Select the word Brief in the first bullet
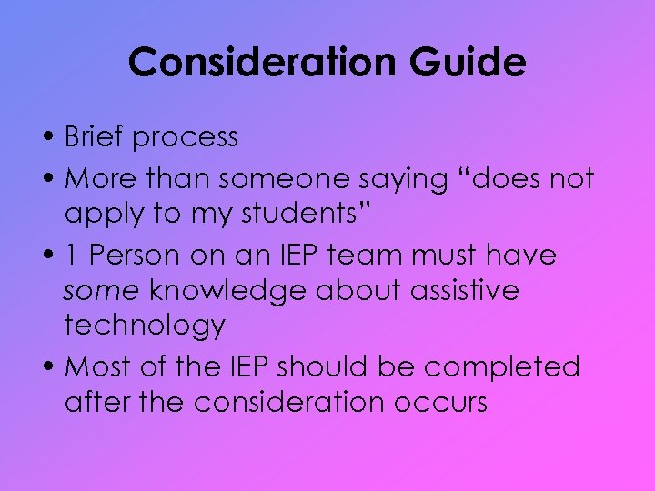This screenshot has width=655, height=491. coord(96,137)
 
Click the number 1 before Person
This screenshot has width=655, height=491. coord(73,256)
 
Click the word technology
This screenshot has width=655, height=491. coord(145,326)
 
